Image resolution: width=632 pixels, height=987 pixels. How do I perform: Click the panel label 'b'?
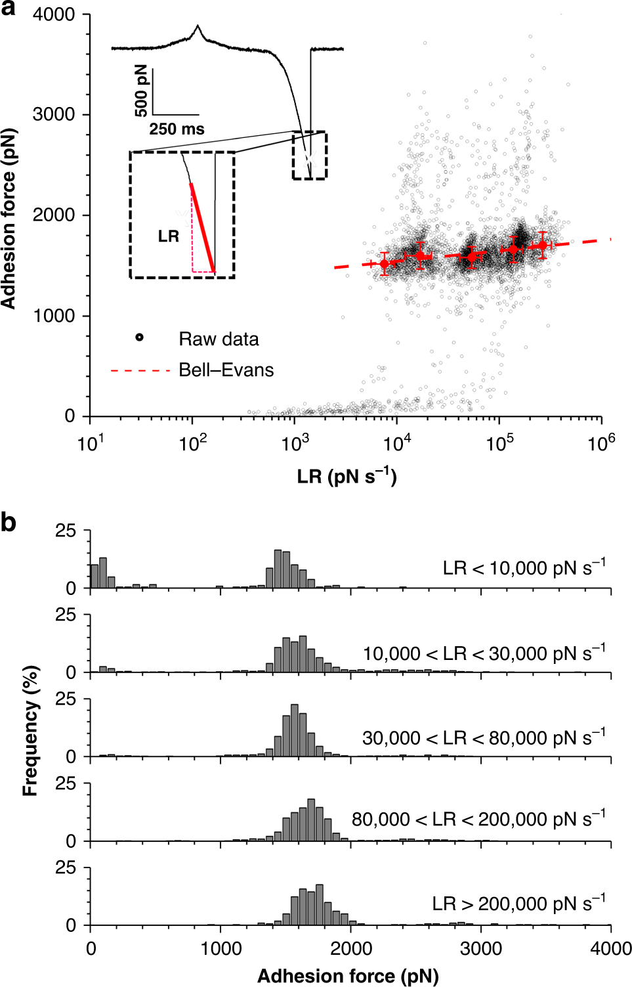[x=9, y=523]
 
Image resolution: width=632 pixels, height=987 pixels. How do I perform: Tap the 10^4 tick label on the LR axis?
[x=396, y=444]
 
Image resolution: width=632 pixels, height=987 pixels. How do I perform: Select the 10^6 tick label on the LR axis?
[x=601, y=444]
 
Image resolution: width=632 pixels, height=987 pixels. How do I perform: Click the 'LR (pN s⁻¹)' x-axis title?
[x=347, y=475]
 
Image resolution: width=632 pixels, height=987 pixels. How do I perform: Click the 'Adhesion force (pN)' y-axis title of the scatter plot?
[x=9, y=217]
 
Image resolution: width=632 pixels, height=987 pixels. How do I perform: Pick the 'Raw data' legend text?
[x=219, y=339]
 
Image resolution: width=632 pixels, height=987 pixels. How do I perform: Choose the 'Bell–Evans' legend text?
[x=226, y=370]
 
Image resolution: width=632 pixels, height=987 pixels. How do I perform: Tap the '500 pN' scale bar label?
[x=141, y=91]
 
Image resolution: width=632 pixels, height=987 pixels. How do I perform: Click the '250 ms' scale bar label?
[x=177, y=129]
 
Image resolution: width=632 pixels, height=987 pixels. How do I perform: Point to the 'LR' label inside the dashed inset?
[x=169, y=236]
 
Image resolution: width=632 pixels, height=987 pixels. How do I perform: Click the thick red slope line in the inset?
[x=202, y=227]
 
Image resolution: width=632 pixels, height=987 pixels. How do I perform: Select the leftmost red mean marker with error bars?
[x=385, y=264]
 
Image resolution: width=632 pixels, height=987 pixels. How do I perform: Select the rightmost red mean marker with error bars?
[x=542, y=246]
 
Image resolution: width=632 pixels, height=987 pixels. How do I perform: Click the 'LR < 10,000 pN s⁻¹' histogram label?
[x=524, y=568]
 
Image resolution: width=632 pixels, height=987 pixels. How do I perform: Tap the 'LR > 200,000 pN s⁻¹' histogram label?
[x=518, y=904]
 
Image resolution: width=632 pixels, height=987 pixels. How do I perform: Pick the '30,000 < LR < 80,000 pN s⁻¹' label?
[x=484, y=738]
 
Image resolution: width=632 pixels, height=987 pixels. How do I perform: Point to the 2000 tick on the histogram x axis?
[x=350, y=948]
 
